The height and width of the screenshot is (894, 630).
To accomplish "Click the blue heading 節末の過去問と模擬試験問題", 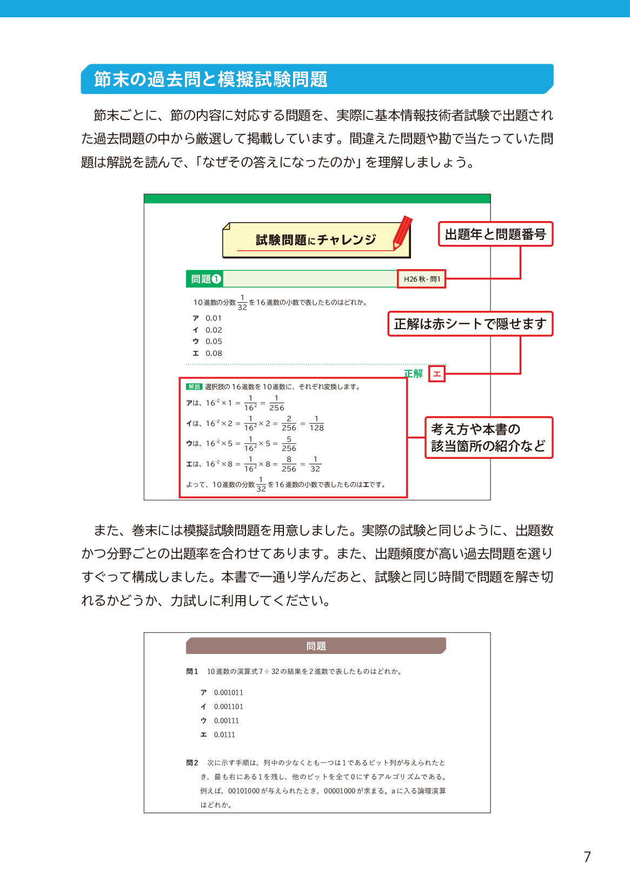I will pyautogui.click(x=210, y=79).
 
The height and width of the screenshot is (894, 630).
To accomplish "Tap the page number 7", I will pyautogui.click(x=587, y=857).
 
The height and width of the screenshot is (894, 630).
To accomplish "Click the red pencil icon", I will pyautogui.click(x=402, y=232).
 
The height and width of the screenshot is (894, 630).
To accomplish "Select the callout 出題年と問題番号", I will pyautogui.click(x=495, y=235).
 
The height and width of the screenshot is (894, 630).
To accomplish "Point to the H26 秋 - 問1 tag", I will pyautogui.click(x=422, y=279).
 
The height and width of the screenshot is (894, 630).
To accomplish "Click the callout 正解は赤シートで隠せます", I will pyautogui.click(x=470, y=324).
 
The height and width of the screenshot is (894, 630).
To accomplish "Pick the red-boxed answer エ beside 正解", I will pyautogui.click(x=437, y=373).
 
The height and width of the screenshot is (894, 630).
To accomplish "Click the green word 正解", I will pyautogui.click(x=414, y=373).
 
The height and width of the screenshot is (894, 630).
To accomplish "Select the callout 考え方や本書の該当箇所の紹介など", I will pyautogui.click(x=488, y=437).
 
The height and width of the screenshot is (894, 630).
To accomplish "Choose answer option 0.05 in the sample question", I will pyautogui.click(x=214, y=342).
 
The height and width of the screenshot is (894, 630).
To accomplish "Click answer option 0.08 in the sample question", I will pyautogui.click(x=214, y=353).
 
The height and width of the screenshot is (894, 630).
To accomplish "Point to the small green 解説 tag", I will pyautogui.click(x=194, y=386).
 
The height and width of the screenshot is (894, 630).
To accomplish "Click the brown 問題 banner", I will pyautogui.click(x=316, y=646).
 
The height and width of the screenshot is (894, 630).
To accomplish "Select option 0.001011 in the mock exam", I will pyautogui.click(x=228, y=692).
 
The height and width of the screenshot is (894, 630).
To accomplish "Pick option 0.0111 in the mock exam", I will pyautogui.click(x=224, y=735).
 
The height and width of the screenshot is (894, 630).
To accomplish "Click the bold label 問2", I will pyautogui.click(x=192, y=763).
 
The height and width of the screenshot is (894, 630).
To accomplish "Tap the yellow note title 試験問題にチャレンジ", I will pyautogui.click(x=316, y=240).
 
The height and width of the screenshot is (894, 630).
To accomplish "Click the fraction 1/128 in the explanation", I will pyautogui.click(x=316, y=423).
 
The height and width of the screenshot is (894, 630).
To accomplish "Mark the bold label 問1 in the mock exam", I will pyautogui.click(x=192, y=671).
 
